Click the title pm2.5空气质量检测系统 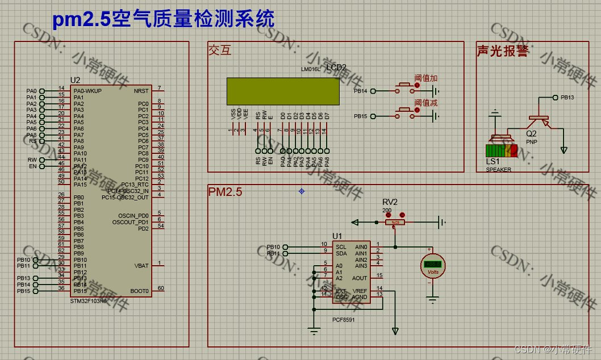tap(164, 19)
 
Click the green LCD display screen tap(282, 91)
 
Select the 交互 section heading tap(220, 51)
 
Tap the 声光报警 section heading tap(502, 51)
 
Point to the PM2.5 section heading tap(225, 192)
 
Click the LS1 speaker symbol tap(501, 145)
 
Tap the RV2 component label tap(390, 202)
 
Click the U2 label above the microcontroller tap(75, 80)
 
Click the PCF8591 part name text tap(344, 319)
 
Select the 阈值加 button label tap(425, 78)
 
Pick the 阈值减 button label tap(425, 103)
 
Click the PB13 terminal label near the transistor tap(567, 98)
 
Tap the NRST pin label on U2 tap(141, 91)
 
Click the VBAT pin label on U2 tap(141, 266)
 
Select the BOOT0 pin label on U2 tap(140, 291)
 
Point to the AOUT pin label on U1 tap(360, 278)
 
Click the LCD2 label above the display tap(336, 68)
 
